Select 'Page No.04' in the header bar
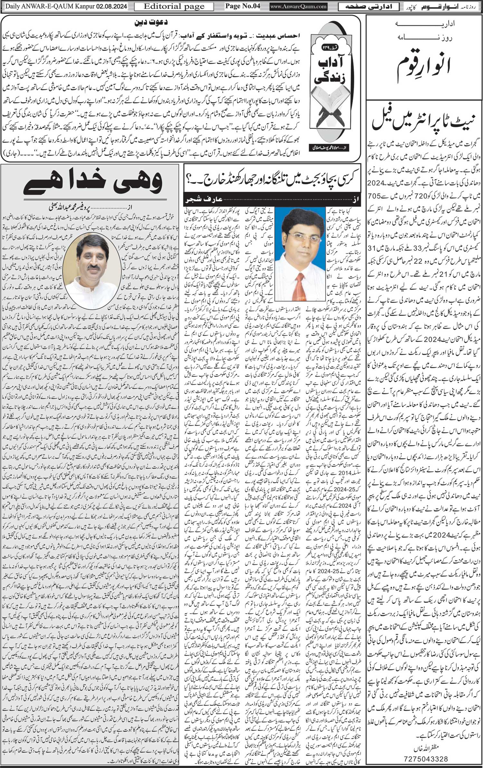242,6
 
